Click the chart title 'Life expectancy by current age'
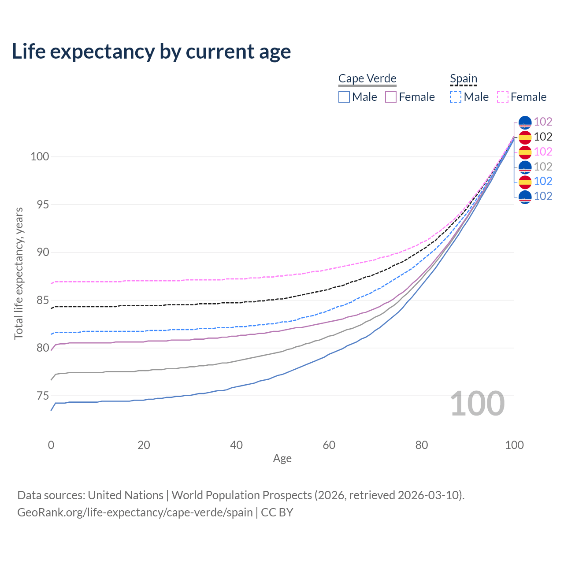pyautogui.click(x=151, y=52)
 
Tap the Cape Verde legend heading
pyautogui.click(x=367, y=78)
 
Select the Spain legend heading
pyautogui.click(x=464, y=78)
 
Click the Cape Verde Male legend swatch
pyautogui.click(x=344, y=97)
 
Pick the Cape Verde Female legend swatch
pyautogui.click(x=391, y=97)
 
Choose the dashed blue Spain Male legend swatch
pyautogui.click(x=456, y=97)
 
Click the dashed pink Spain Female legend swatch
pyautogui.click(x=503, y=97)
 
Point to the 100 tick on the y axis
pyautogui.click(x=40, y=157)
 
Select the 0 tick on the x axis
pyautogui.click(x=51, y=445)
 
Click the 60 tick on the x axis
pyautogui.click(x=329, y=445)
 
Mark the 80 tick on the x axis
pyautogui.click(x=422, y=445)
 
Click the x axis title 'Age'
pyautogui.click(x=282, y=459)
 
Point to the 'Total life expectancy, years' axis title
pyautogui.click(x=19, y=273)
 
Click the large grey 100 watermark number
pyautogui.click(x=477, y=404)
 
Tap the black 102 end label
pyautogui.click(x=543, y=137)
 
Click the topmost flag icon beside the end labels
pyautogui.click(x=525, y=122)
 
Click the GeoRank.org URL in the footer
pyautogui.click(x=135, y=512)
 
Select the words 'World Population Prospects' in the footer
pyautogui.click(x=241, y=495)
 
